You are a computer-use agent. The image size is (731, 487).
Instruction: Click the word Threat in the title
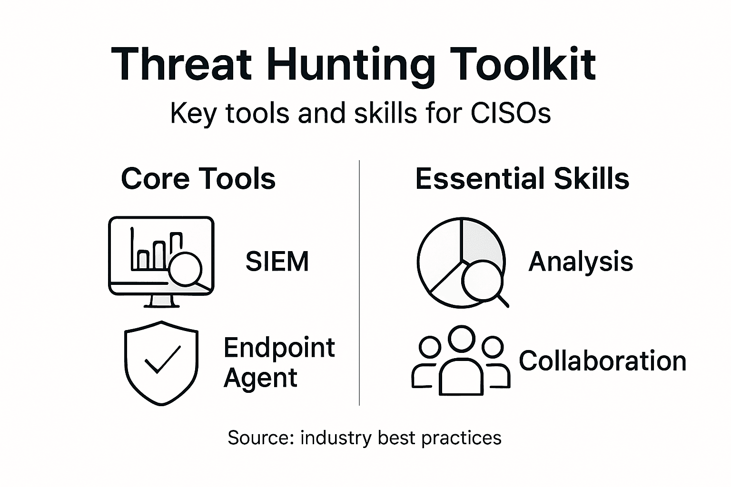(181, 64)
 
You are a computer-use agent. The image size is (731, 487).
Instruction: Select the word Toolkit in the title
(523, 64)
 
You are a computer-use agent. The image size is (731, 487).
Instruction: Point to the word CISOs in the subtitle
(511, 114)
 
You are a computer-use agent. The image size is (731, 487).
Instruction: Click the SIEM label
(277, 261)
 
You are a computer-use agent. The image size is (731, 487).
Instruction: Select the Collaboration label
(603, 361)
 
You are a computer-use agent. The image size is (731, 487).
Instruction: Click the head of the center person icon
(462, 339)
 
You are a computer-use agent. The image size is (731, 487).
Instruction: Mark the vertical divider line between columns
(359, 283)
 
